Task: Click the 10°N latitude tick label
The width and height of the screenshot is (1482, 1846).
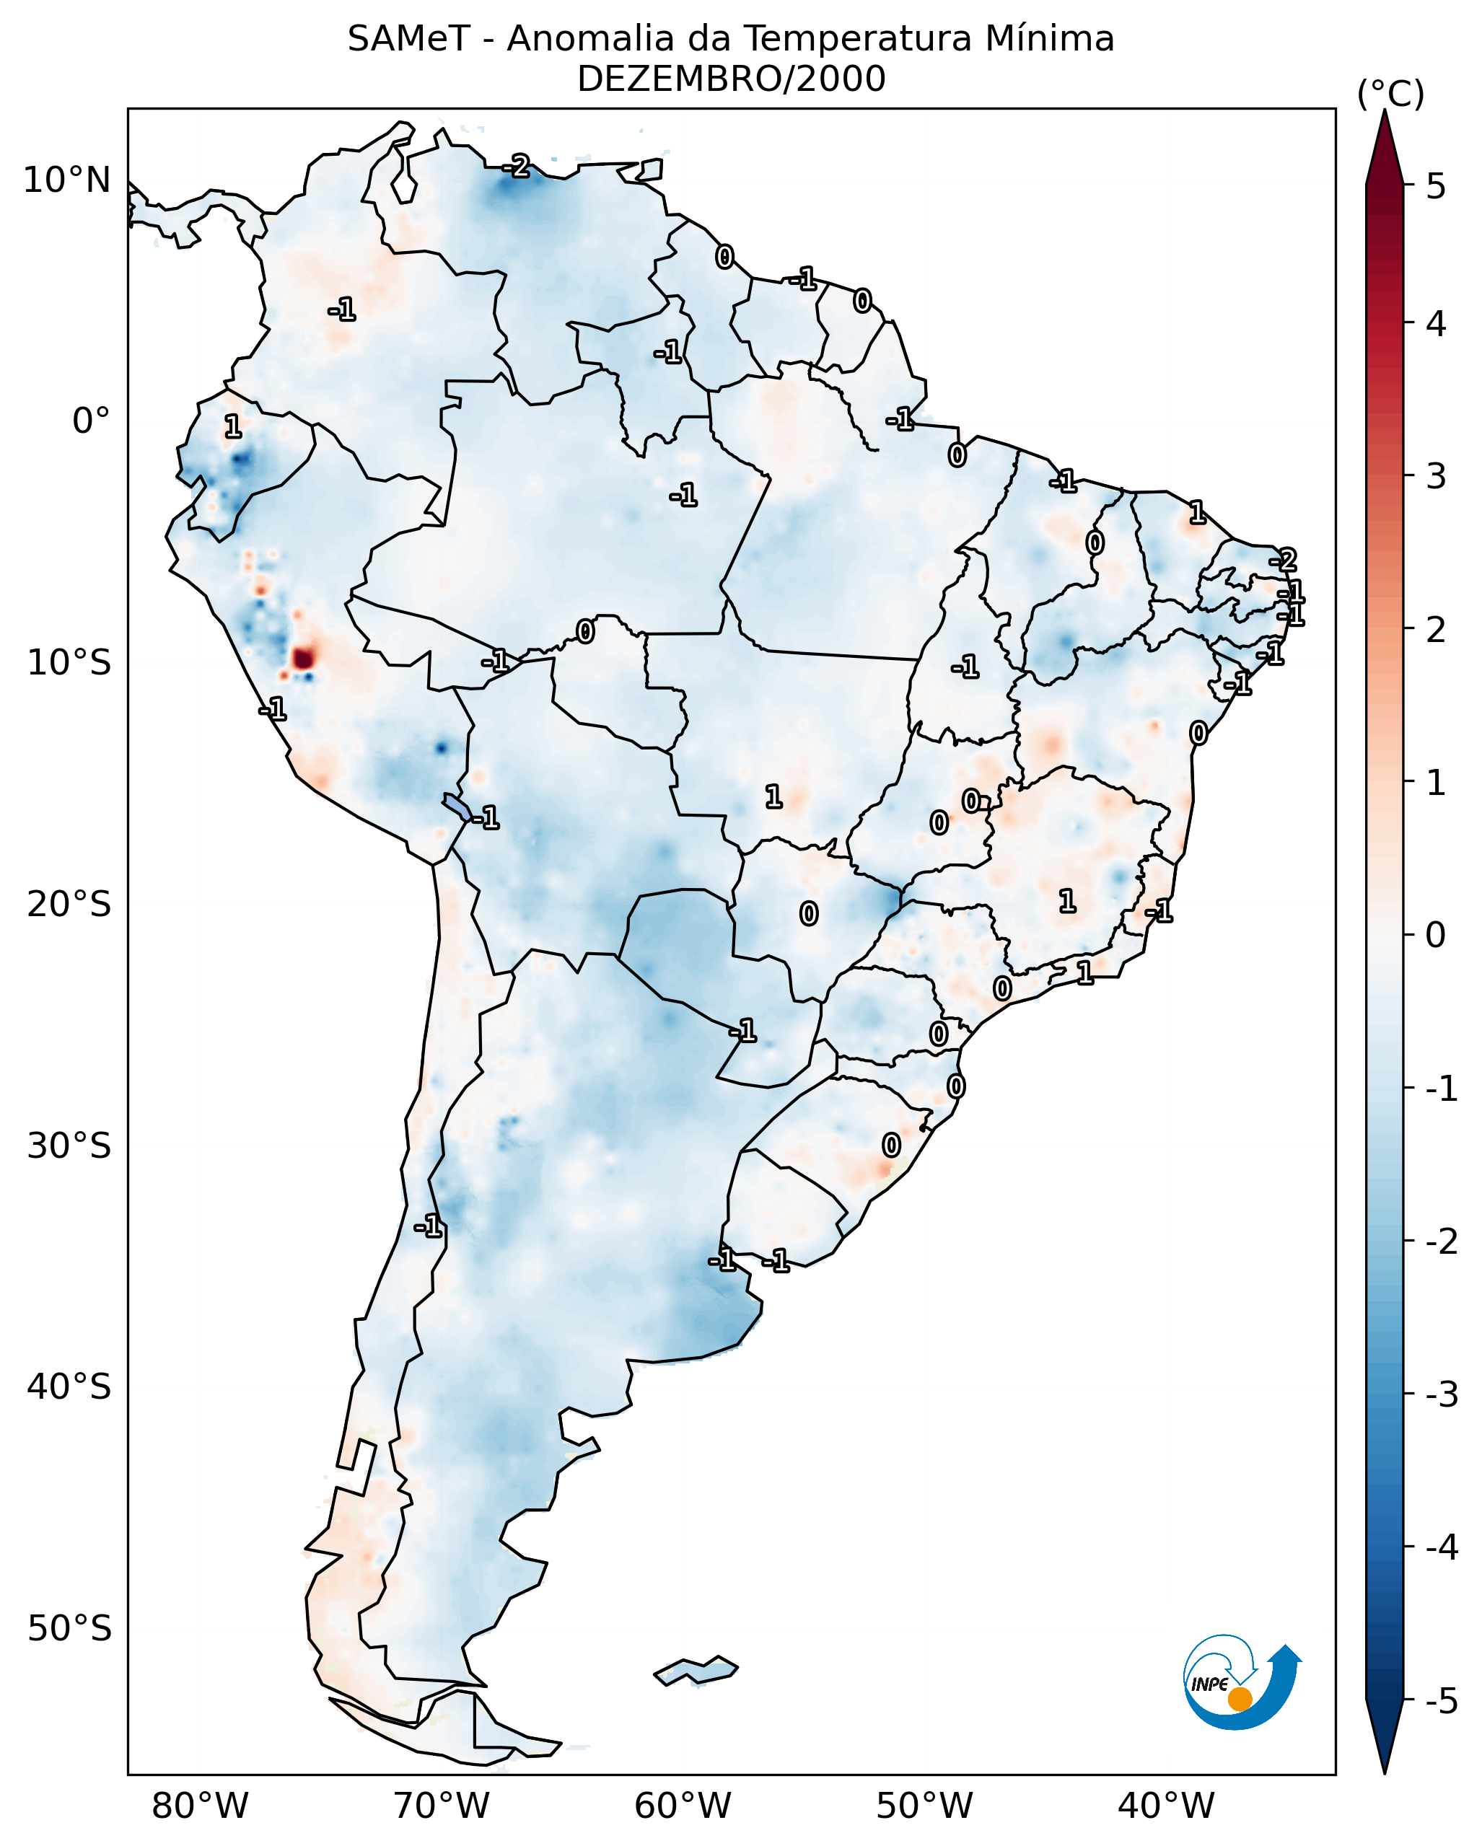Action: [x=67, y=180]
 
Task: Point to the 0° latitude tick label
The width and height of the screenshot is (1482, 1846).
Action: [x=91, y=421]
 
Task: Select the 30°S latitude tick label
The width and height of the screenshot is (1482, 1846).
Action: [x=69, y=1146]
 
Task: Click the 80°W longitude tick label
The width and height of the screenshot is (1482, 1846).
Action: [x=199, y=1806]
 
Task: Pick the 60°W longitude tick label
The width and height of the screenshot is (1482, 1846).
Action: [x=683, y=1806]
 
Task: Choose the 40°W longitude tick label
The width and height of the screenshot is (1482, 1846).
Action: [x=1165, y=1806]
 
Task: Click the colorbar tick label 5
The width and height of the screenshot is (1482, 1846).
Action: [x=1436, y=186]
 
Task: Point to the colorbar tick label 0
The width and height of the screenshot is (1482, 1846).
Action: [x=1436, y=934]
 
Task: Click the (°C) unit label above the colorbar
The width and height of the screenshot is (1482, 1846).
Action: [x=1390, y=95]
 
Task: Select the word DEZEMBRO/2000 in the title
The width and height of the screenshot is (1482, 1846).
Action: [x=731, y=79]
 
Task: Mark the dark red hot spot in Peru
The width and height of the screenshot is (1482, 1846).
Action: [x=303, y=659]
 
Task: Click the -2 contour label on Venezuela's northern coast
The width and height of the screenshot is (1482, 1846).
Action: [x=517, y=166]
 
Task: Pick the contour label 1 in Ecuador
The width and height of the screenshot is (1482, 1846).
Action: [x=233, y=426]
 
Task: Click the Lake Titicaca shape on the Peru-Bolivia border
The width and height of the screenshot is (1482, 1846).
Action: [x=457, y=806]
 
